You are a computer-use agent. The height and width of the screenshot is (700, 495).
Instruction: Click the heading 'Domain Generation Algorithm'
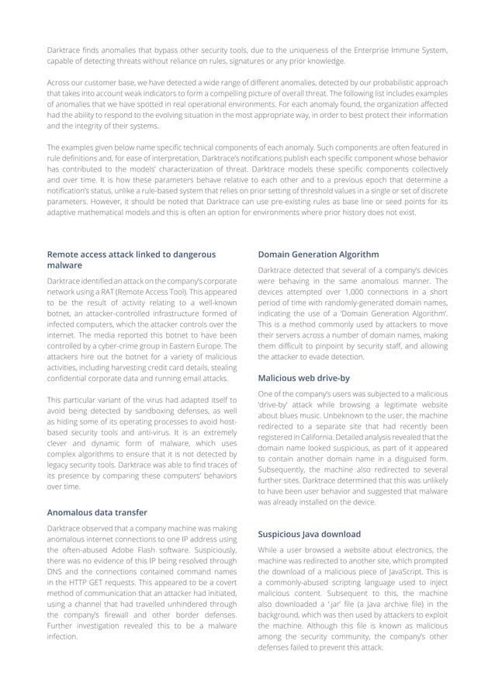[318, 254]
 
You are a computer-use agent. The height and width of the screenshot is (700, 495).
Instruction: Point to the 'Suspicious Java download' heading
[309, 534]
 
